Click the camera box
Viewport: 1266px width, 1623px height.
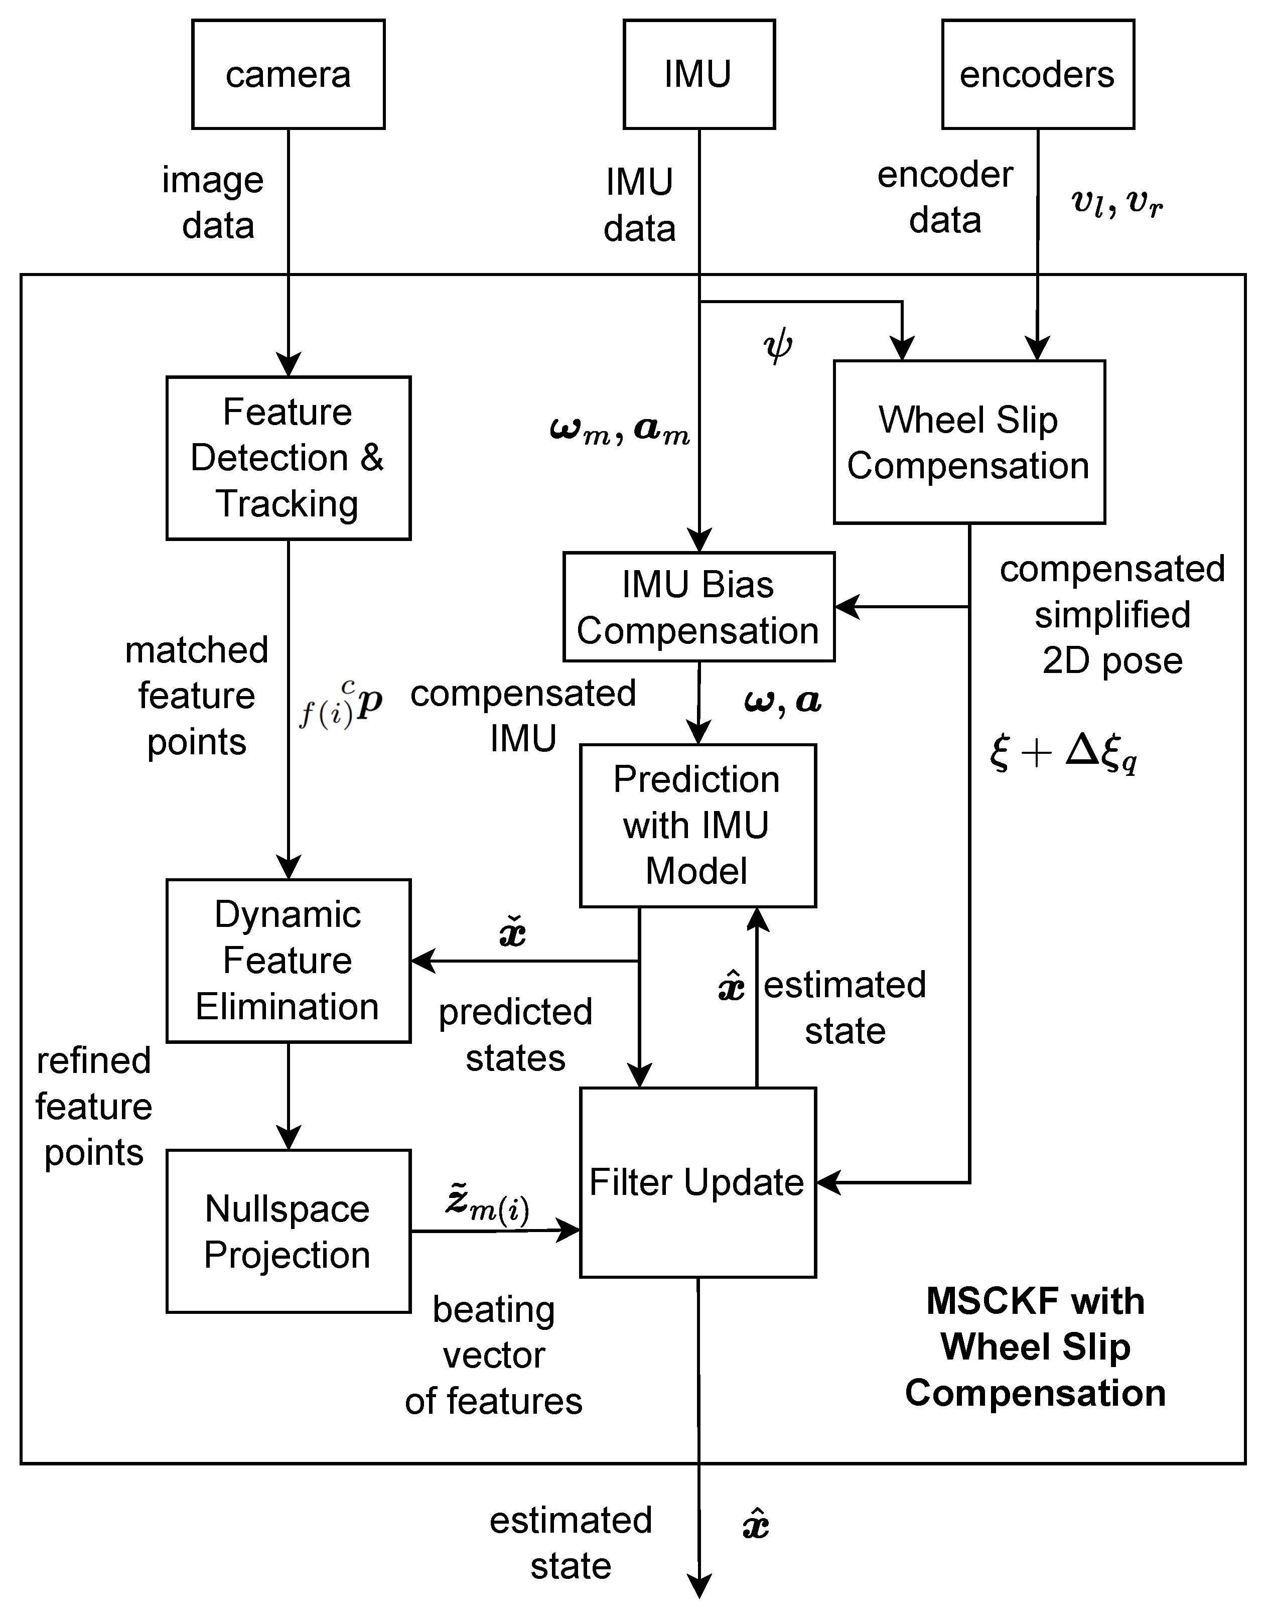coord(288,74)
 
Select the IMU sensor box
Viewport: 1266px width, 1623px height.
coord(698,74)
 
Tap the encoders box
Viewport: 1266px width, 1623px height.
coord(1037,74)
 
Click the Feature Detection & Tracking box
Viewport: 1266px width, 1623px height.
coord(288,458)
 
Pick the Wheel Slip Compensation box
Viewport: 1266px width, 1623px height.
coord(969,442)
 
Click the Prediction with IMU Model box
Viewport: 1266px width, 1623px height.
coord(697,826)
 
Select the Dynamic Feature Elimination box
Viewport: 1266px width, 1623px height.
coord(288,961)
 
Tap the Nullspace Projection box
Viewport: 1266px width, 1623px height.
coord(288,1232)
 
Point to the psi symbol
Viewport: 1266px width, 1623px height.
coord(778,346)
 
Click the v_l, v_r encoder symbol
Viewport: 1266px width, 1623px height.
coord(1116,202)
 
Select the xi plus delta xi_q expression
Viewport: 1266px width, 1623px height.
coord(1064,752)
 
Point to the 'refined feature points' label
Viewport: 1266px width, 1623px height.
coord(94,1107)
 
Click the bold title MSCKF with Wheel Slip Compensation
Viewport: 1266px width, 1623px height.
coord(1035,1346)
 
